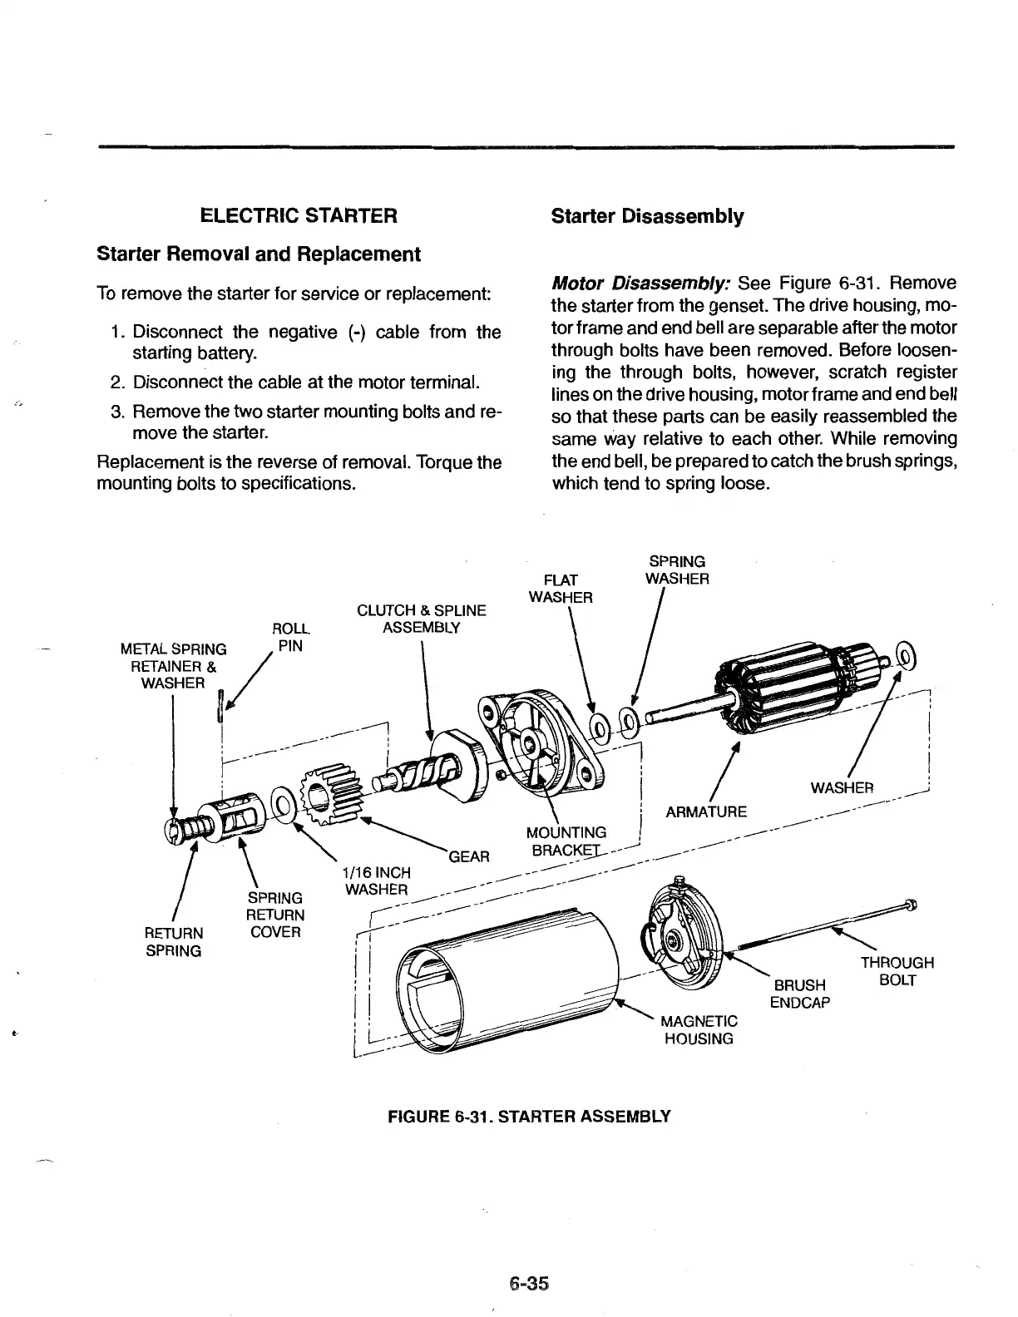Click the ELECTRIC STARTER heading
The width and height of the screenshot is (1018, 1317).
coord(299,216)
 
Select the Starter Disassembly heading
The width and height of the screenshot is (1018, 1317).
coord(647,216)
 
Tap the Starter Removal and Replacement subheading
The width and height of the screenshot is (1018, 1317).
coord(259,254)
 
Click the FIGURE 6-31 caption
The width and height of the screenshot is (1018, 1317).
coord(529,1116)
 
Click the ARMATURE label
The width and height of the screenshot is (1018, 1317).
coord(706,811)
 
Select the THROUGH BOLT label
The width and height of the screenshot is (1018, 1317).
coord(897,971)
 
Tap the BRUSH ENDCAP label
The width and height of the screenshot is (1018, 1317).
coord(799,994)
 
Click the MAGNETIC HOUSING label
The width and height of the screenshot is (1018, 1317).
coord(698,1029)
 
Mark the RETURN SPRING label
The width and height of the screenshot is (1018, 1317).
coord(174,941)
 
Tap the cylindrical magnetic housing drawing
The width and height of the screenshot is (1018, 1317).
coord(507,981)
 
